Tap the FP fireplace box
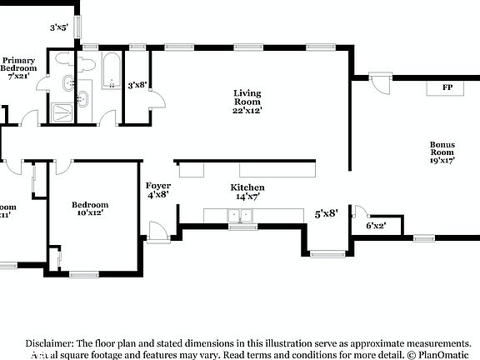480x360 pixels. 447,87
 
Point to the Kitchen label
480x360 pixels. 247,187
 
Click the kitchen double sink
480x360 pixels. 242,217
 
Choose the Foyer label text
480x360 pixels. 158,186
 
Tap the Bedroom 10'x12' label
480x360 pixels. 89,205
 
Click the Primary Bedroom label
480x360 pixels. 18,65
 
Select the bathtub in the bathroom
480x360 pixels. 112,72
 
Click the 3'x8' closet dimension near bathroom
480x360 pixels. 137,84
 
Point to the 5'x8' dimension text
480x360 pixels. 326,213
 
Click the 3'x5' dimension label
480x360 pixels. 59,27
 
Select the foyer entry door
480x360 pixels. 155,230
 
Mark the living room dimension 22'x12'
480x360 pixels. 247,110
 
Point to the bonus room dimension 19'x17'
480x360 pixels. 442,162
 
